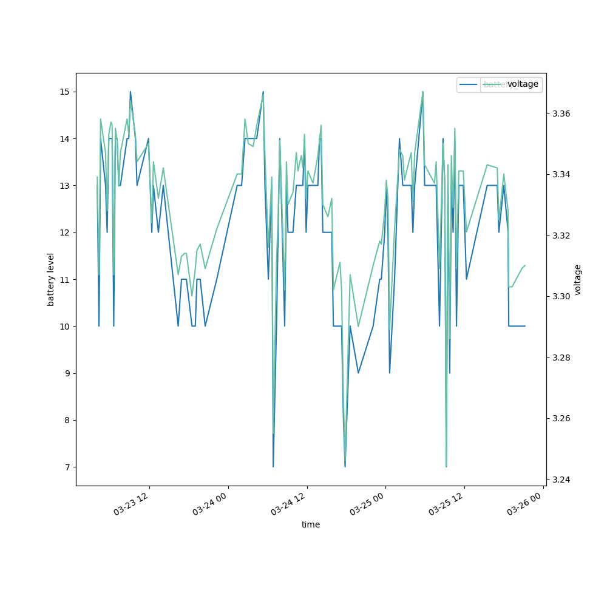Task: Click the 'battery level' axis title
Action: (51, 279)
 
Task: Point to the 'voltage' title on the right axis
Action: (578, 279)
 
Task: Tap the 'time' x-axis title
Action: (311, 524)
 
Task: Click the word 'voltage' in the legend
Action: (523, 84)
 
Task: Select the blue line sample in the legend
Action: (469, 84)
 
